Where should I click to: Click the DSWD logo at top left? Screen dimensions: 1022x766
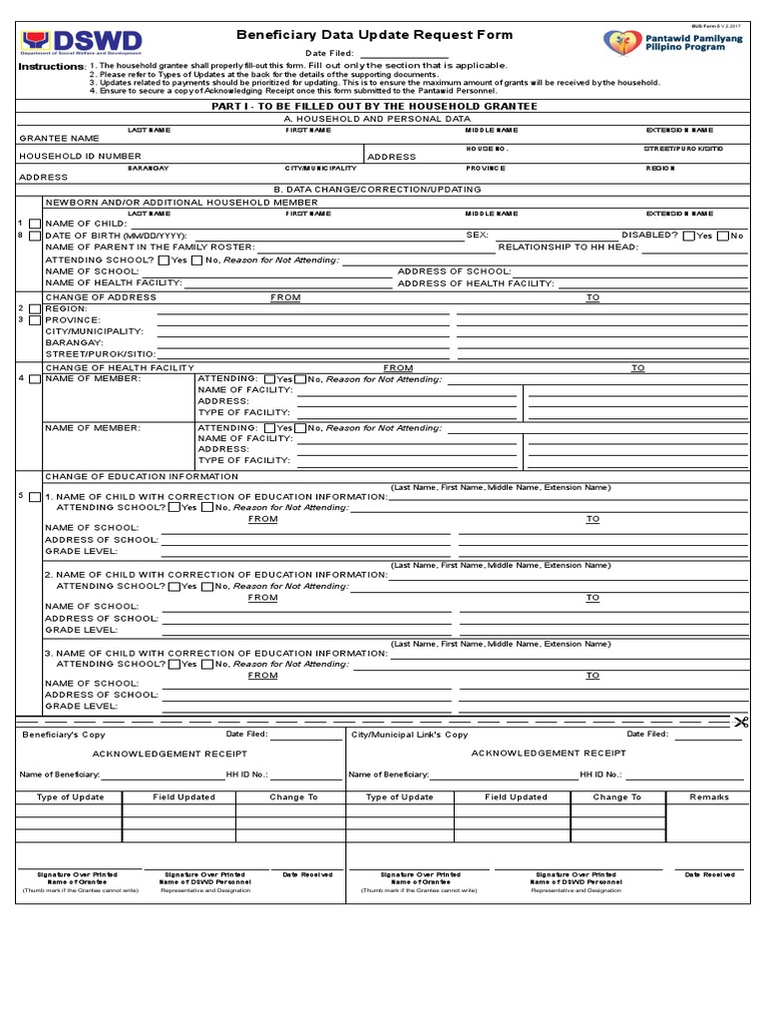pyautogui.click(x=81, y=43)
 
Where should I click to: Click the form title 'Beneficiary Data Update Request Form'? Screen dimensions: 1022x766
pyautogui.click(x=375, y=35)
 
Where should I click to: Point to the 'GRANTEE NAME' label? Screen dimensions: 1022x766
pyautogui.click(x=59, y=138)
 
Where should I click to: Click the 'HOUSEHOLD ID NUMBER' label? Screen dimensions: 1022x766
pyautogui.click(x=80, y=156)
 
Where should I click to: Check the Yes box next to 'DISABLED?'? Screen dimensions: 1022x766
pyautogui.click(x=688, y=236)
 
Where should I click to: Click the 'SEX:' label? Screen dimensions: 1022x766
pyautogui.click(x=477, y=236)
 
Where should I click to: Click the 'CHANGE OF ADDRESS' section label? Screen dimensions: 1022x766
pyautogui.click(x=101, y=297)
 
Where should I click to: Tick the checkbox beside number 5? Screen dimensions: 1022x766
pyautogui.click(x=36, y=497)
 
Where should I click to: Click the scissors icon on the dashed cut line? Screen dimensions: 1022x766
pyautogui.click(x=740, y=722)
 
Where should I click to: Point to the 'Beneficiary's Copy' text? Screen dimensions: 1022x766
pyautogui.click(x=59, y=735)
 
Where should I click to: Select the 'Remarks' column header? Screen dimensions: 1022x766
pyautogui.click(x=709, y=797)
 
